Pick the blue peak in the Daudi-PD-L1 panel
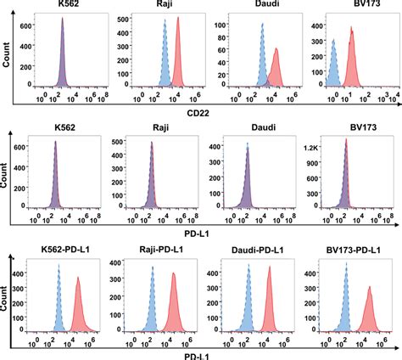point(247,306)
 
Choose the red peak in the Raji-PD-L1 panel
point(173,306)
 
